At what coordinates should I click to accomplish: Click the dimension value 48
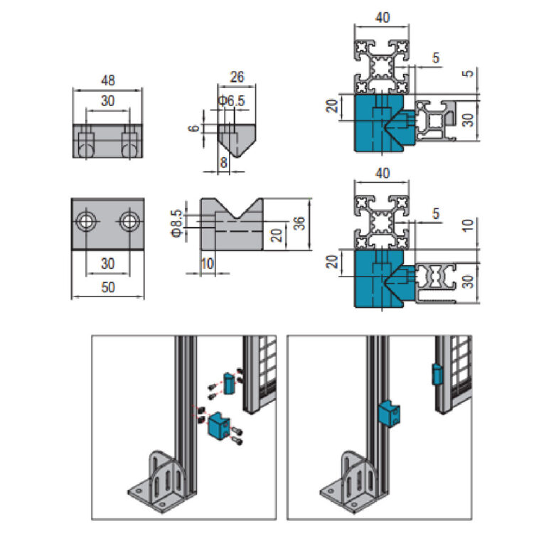pos(108,80)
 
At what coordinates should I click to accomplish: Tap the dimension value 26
pos(237,77)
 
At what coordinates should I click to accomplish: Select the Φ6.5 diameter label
pos(232,102)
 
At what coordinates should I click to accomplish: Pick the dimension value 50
pos(108,287)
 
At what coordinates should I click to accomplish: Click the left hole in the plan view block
pos(87,220)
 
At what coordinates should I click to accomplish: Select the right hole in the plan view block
pos(129,220)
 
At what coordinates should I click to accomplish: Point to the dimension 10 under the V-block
pos(207,264)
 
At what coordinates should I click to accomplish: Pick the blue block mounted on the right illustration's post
pos(390,412)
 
